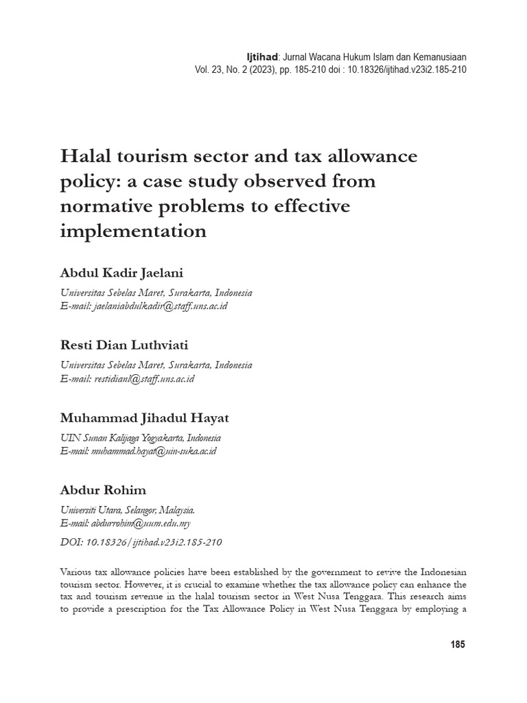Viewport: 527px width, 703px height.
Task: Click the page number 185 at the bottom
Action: point(458,645)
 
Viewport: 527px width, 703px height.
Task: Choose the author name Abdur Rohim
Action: point(103,490)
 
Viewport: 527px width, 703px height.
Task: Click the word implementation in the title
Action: point(133,231)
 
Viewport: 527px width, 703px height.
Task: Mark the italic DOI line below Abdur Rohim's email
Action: point(141,542)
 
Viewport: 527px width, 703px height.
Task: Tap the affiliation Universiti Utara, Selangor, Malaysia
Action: point(128,510)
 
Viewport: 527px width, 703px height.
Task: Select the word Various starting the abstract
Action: point(79,571)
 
